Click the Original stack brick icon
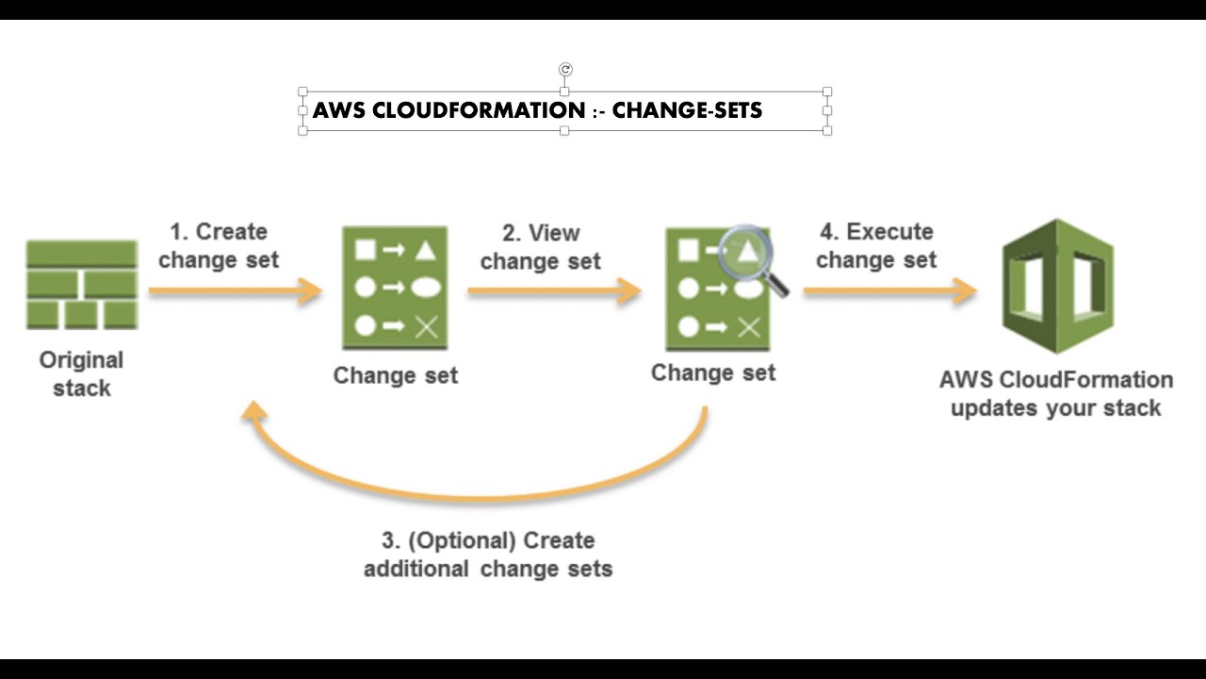pyautogui.click(x=82, y=284)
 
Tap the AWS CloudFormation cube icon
pyautogui.click(x=1057, y=287)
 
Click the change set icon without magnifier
pyautogui.click(x=395, y=288)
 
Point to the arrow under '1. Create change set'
pyautogui.click(x=236, y=291)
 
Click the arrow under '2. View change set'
pyautogui.click(x=554, y=291)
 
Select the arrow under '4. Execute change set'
pyautogui.click(x=889, y=291)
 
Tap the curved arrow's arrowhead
pyautogui.click(x=252, y=414)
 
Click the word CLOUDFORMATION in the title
pyautogui.click(x=479, y=110)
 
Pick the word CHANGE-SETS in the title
pyautogui.click(x=687, y=110)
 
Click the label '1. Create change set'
pyautogui.click(x=219, y=245)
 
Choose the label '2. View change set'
pyautogui.click(x=540, y=247)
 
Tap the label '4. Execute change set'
pyautogui.click(x=876, y=245)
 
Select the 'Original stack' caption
pyautogui.click(x=82, y=373)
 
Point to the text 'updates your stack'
pyautogui.click(x=1055, y=408)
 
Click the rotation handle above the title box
pyautogui.click(x=565, y=69)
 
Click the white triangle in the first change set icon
pyautogui.click(x=425, y=250)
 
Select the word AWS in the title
pyautogui.click(x=339, y=110)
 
